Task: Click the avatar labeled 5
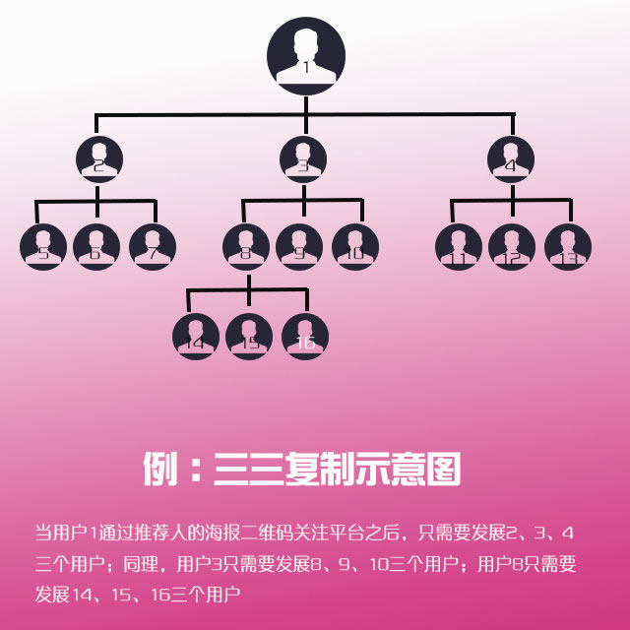[x=43, y=246]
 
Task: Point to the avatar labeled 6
[x=96, y=246]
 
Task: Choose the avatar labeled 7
[x=153, y=246]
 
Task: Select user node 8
[x=246, y=246]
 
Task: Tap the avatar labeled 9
[x=299, y=246]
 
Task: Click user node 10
[x=355, y=246]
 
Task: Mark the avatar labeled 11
[x=458, y=246]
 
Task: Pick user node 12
[x=512, y=246]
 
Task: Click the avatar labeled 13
[x=568, y=246]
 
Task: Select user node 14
[x=196, y=336]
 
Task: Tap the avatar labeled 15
[x=249, y=336]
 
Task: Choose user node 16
[x=305, y=336]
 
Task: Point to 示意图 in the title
[x=412, y=469]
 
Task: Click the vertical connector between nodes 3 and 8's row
[x=303, y=193]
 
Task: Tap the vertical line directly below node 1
[x=306, y=101]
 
